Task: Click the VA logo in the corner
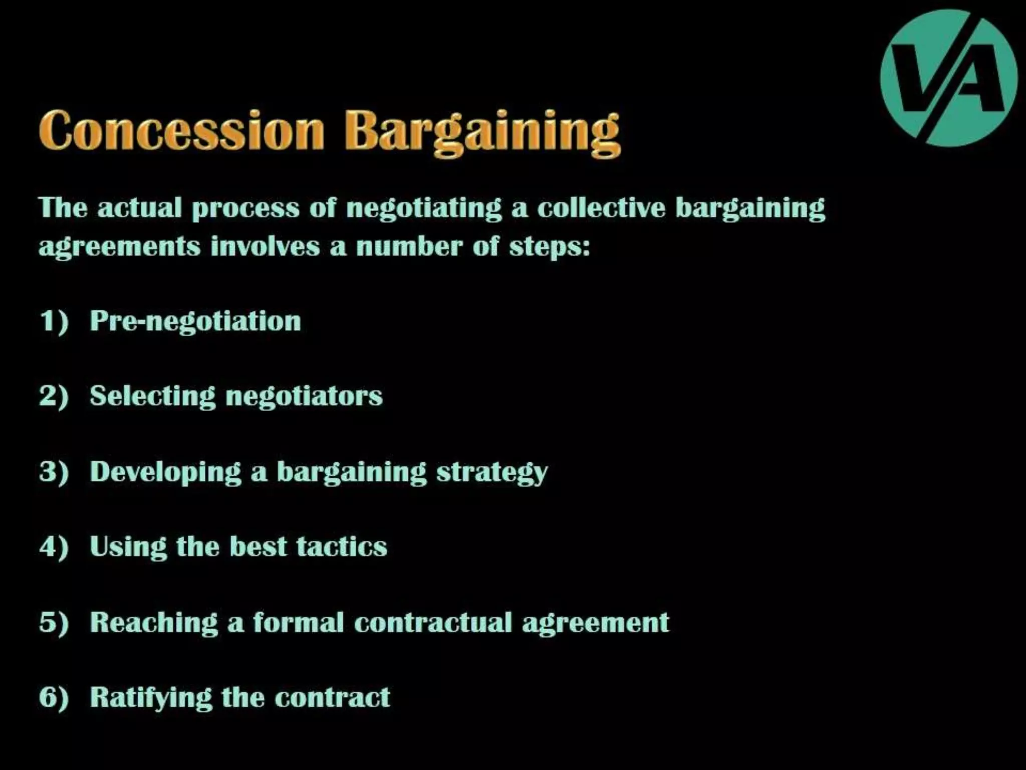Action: pyautogui.click(x=948, y=78)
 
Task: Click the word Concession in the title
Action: pyautogui.click(x=181, y=130)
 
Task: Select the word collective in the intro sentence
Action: pyautogui.click(x=601, y=208)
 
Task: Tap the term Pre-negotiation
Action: pyautogui.click(x=195, y=321)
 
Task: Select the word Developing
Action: pyautogui.click(x=166, y=473)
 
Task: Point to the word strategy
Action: pyautogui.click(x=492, y=473)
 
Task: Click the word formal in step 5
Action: pyautogui.click(x=298, y=622)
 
